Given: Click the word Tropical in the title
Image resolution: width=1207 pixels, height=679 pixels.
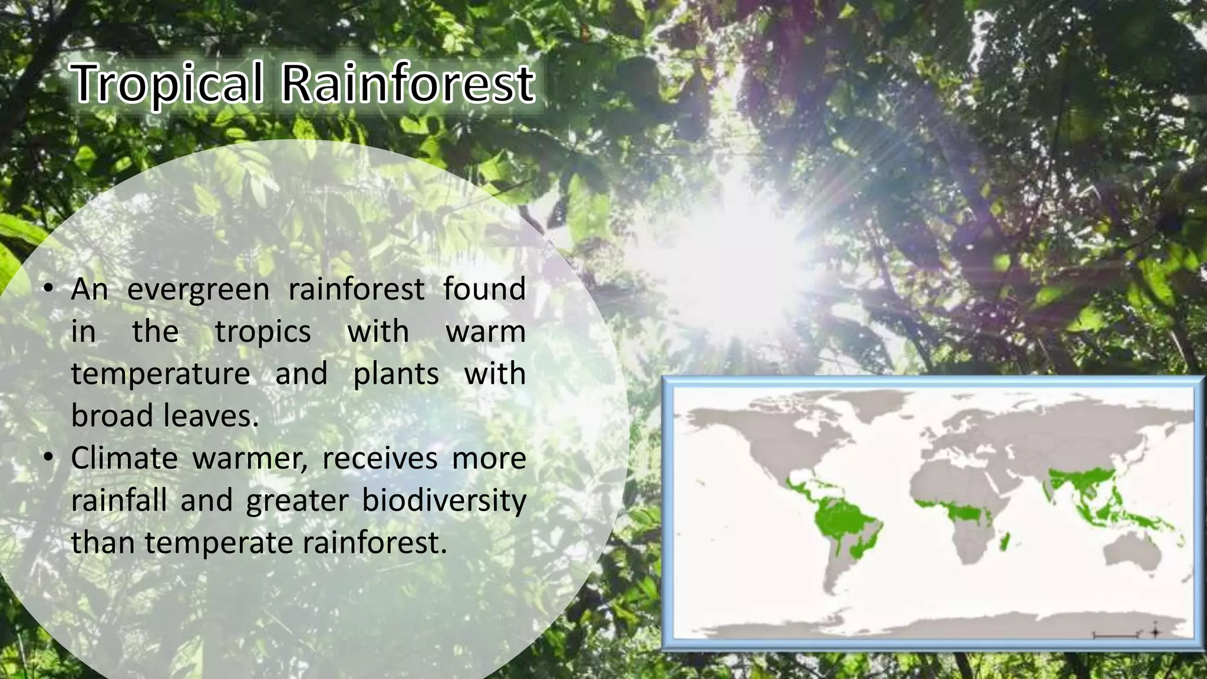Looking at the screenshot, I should [167, 84].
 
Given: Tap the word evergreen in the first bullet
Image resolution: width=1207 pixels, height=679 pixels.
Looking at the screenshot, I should [198, 290].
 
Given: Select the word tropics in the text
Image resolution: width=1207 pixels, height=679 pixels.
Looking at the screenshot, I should [263, 332].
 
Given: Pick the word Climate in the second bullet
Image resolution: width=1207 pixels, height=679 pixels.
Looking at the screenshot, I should [124, 459].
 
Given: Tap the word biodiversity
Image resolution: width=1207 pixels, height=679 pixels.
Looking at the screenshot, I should [444, 502].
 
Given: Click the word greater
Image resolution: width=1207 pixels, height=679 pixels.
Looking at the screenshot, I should [298, 502].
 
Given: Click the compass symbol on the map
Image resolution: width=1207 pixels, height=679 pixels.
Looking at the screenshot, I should [1155, 632].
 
